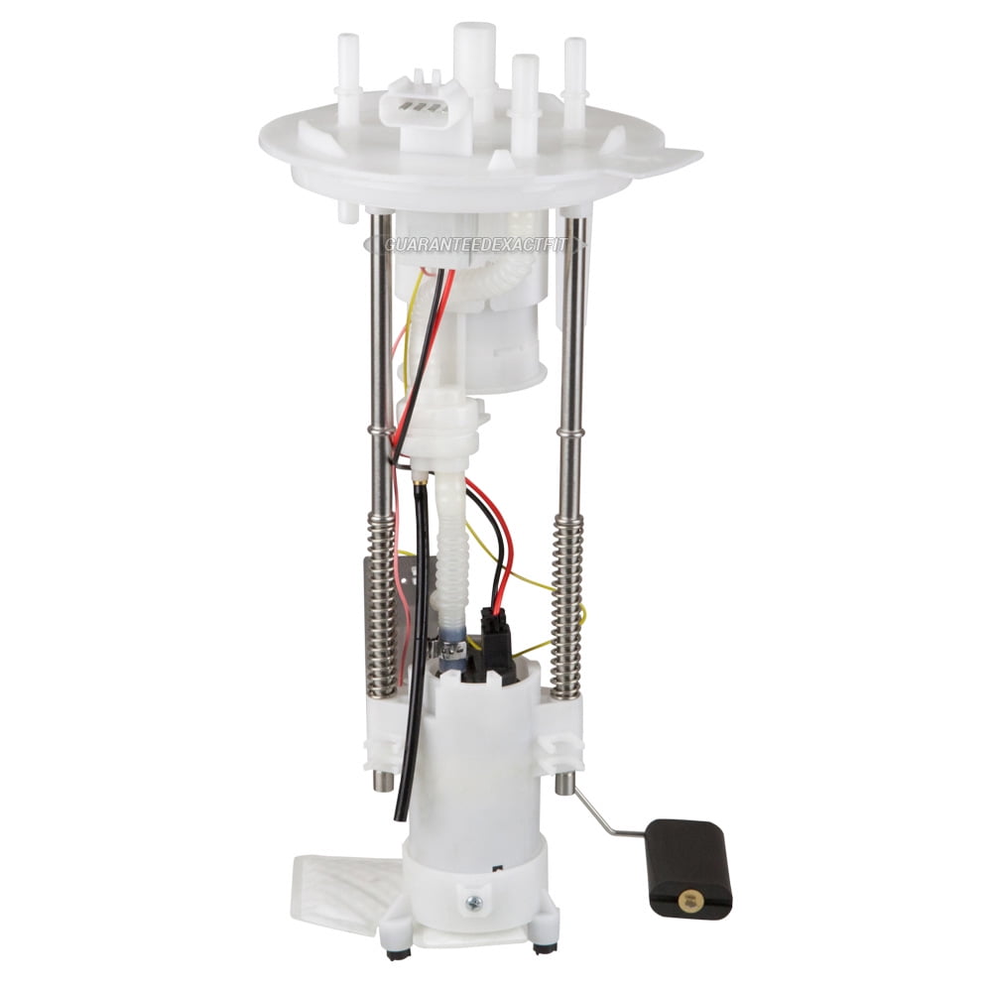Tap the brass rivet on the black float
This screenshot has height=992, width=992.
click(687, 901)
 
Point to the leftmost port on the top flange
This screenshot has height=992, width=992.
click(348, 79)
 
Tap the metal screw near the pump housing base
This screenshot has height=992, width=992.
click(473, 903)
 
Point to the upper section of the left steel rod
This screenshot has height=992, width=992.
click(380, 327)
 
